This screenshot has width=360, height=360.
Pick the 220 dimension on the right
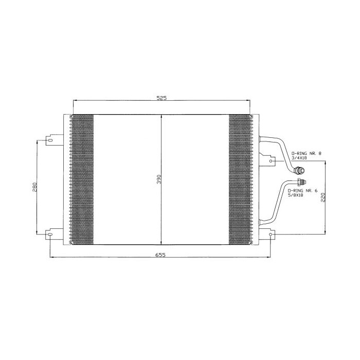pyautogui.click(x=322, y=198)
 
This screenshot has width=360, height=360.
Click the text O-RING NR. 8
pyautogui.click(x=306, y=153)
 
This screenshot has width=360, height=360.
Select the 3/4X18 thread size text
pyautogui.click(x=299, y=158)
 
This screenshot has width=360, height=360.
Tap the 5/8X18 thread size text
pyautogui.click(x=299, y=195)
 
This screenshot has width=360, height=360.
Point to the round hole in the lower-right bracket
pyautogui.click(x=271, y=235)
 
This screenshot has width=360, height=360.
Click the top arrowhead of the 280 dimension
pyautogui.click(x=37, y=140)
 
